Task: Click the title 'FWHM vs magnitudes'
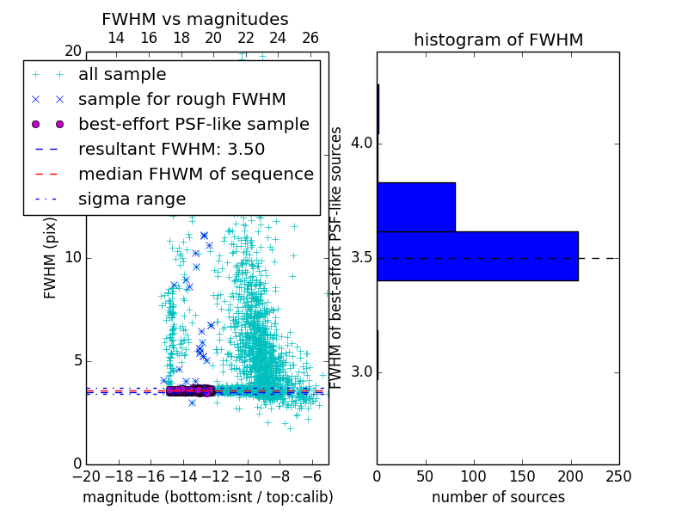pos(195,19)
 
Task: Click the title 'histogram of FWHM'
pos(498,40)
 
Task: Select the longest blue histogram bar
pos(477,255)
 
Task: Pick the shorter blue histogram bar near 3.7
pos(416,206)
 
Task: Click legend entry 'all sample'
pos(122,75)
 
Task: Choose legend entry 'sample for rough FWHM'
pos(181,99)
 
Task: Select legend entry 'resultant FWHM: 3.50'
pos(171,149)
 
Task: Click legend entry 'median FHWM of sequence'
pos(195,174)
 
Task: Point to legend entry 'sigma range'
pos(132,199)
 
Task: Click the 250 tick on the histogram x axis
pos(618,476)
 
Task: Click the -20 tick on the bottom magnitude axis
pos(86,476)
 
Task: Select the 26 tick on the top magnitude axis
pos(310,38)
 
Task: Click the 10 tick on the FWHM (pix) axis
pos(72,258)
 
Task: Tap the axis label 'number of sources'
pos(498,497)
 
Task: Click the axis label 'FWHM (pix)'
pos(51,258)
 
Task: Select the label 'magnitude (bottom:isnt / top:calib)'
pos(207,497)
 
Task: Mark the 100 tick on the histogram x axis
pos(474,476)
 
